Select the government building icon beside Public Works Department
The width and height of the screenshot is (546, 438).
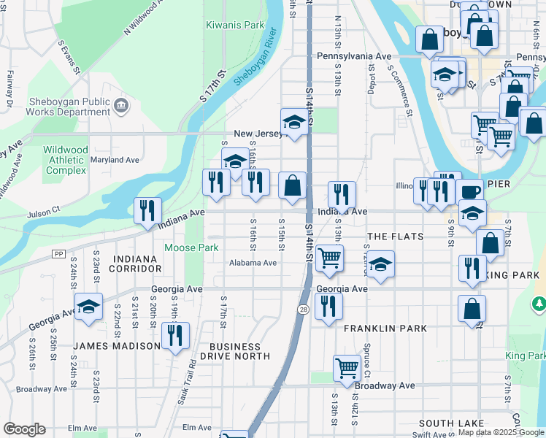click(x=121, y=107)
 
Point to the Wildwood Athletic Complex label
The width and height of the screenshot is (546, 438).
click(x=66, y=160)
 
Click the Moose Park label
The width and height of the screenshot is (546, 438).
click(x=191, y=248)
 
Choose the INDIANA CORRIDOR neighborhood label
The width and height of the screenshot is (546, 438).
click(x=135, y=264)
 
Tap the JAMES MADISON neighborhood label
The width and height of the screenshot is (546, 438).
click(x=117, y=346)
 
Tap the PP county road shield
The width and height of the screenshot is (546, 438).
click(x=58, y=253)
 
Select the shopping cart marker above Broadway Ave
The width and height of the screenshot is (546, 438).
click(x=346, y=368)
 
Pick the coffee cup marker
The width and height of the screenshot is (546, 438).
click(x=470, y=192)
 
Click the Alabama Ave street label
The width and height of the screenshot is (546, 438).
click(x=253, y=263)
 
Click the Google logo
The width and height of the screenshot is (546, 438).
click(x=24, y=429)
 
